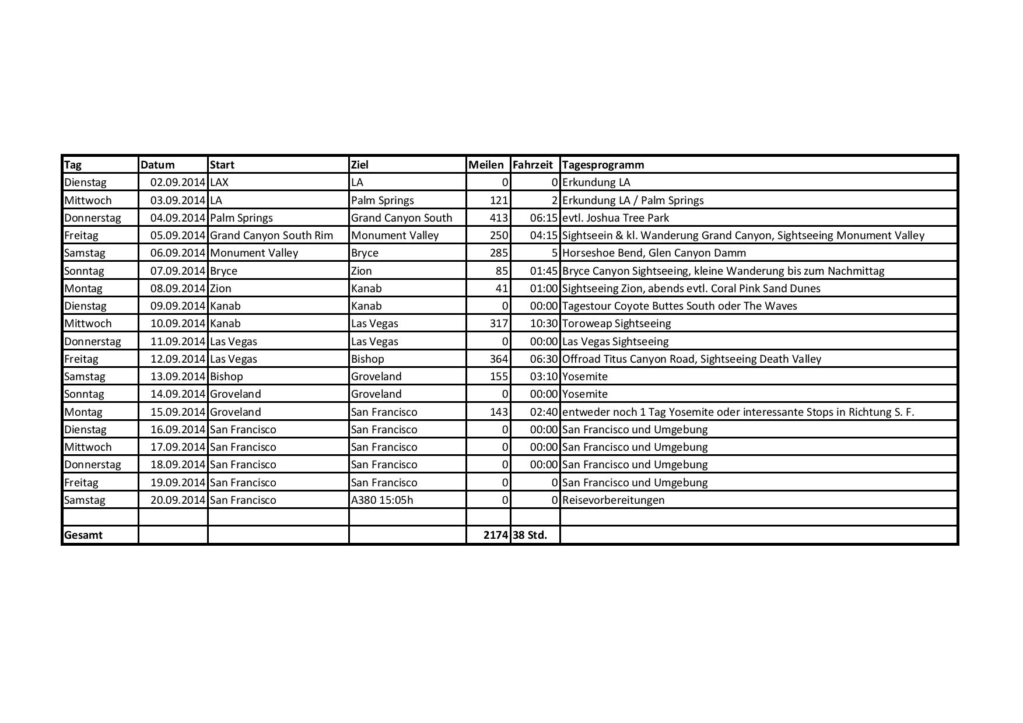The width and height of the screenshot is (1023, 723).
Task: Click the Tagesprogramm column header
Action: [603, 165]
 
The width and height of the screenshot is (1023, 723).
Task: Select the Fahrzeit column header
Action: [532, 165]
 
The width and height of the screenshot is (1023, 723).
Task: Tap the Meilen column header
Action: [486, 165]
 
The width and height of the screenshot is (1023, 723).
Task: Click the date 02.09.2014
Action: [178, 182]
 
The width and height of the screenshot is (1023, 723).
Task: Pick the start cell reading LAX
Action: [219, 182]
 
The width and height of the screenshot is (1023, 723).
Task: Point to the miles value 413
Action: [499, 218]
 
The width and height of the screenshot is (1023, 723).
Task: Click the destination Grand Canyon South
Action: [401, 218]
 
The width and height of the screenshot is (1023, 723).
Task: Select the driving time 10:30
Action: [544, 324]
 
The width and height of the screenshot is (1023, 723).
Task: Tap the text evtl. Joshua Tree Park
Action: [615, 218]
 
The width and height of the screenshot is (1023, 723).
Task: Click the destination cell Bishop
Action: [367, 359]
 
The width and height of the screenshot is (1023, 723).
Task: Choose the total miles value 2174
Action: [496, 535]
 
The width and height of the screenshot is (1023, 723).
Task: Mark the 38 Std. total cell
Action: [530, 535]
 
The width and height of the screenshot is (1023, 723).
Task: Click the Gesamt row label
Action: [83, 535]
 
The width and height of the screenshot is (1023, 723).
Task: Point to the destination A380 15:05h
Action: [382, 500]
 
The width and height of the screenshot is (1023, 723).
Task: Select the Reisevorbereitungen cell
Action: [613, 500]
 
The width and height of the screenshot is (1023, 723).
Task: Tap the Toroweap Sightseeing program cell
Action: [616, 324]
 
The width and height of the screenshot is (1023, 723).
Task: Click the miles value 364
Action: [499, 359]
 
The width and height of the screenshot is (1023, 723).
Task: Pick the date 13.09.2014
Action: [178, 377]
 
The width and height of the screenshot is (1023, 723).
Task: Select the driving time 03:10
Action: [544, 377]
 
